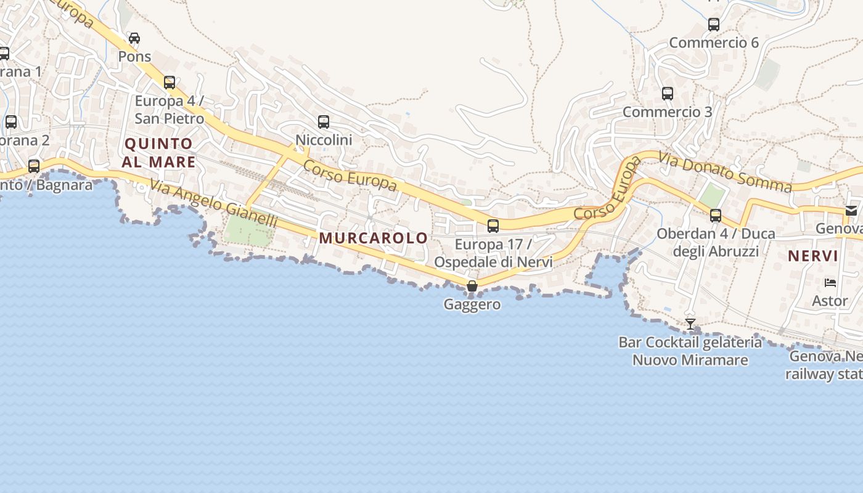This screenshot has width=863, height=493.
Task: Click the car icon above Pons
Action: [x=134, y=38]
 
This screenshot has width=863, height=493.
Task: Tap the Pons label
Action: [x=134, y=57]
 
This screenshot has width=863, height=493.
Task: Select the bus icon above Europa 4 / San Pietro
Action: [x=170, y=82]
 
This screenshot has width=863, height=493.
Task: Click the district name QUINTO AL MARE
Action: [x=158, y=153]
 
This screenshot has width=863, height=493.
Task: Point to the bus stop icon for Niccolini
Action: [x=324, y=122]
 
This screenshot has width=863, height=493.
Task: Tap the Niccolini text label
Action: [x=324, y=140]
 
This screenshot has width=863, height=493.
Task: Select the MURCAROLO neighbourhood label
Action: [x=373, y=238]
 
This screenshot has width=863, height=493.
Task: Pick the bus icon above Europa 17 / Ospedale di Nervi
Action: [x=493, y=226]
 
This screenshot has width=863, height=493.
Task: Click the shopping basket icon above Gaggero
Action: [x=472, y=286]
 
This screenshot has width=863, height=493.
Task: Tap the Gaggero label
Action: [x=472, y=304]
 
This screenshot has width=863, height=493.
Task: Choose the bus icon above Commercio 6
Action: [x=714, y=25]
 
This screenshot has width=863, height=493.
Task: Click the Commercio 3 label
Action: [x=667, y=112]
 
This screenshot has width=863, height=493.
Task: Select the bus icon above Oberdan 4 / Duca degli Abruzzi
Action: [x=716, y=216]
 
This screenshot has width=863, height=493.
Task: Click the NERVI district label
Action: [x=813, y=256]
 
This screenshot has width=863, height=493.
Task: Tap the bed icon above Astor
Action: [x=830, y=283]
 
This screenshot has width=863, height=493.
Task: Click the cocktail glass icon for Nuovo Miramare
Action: [x=690, y=324]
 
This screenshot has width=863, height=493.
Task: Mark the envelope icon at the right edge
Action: [x=852, y=211]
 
